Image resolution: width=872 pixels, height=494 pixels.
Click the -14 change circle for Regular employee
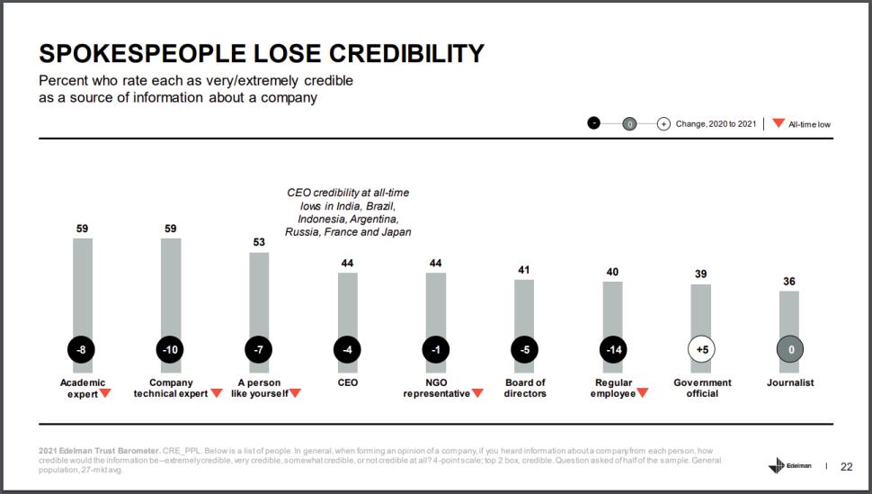coord(613,348)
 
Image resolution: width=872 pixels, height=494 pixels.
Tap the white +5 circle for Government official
coord(701,348)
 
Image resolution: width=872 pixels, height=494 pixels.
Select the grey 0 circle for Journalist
coord(789,348)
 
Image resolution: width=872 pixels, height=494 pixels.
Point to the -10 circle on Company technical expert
coord(170,348)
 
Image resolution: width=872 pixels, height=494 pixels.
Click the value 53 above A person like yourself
coord(259,242)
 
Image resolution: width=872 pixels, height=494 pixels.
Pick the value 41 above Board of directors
coord(524,269)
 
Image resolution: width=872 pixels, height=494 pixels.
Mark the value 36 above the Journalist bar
coord(789,281)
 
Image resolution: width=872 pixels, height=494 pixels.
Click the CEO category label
coord(347,382)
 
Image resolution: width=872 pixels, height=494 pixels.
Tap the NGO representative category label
coord(436,388)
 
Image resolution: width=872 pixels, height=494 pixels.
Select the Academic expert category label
coord(83,388)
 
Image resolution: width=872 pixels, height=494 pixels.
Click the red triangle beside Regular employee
coord(643,393)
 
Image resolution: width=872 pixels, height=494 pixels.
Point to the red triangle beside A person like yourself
coord(295,393)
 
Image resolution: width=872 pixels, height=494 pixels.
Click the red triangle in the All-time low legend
coord(779,123)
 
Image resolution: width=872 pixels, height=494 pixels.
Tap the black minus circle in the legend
coord(593,123)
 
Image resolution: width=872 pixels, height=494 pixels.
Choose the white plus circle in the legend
coord(663,123)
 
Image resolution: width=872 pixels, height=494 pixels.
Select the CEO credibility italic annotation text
coord(347,211)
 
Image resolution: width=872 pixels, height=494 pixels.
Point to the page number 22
coord(846,466)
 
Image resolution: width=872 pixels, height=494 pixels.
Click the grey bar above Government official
coord(701,310)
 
